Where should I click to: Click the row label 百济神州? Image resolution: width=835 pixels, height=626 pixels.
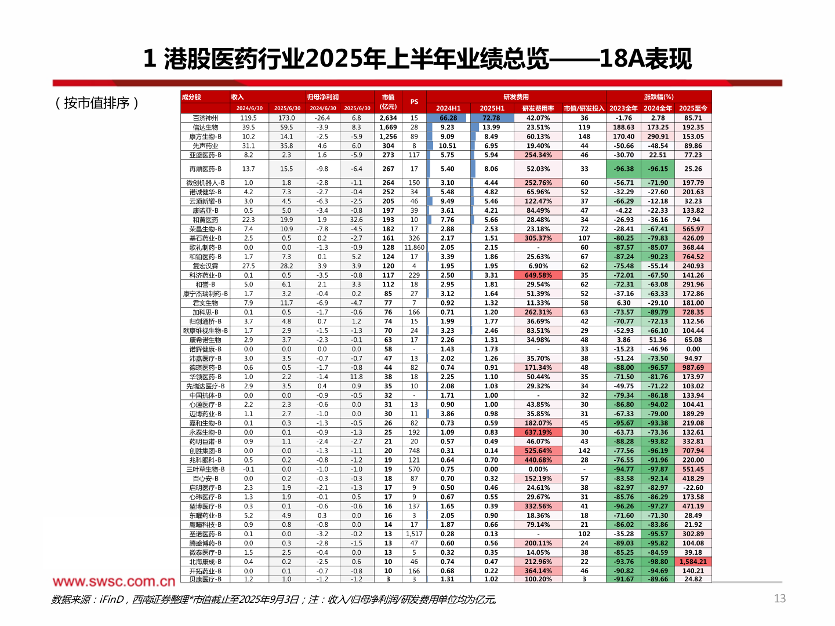[x=205, y=118]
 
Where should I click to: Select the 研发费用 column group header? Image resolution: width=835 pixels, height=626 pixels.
[x=515, y=97]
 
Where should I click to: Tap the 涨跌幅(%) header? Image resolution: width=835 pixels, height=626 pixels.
[x=658, y=97]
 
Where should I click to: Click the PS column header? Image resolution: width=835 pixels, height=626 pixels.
[x=414, y=102]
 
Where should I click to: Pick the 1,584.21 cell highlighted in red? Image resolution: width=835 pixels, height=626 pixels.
[x=693, y=562]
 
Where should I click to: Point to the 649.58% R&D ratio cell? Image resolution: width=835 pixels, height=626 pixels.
[x=538, y=275]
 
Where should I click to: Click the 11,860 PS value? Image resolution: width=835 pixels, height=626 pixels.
[x=414, y=248]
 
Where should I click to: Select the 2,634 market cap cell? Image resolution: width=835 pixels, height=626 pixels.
[x=388, y=118]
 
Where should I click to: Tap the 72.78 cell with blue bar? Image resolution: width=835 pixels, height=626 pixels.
[x=491, y=118]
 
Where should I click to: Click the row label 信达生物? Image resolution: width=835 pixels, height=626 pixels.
[x=205, y=128]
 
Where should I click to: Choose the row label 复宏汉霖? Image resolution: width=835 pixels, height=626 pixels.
[x=205, y=266]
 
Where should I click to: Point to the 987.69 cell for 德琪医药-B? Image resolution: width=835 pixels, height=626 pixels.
[x=693, y=367]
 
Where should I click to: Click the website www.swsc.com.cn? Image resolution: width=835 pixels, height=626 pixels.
[x=114, y=581]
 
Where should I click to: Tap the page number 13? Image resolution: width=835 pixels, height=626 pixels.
[x=780, y=598]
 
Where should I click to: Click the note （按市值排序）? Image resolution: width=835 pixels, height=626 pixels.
[x=97, y=103]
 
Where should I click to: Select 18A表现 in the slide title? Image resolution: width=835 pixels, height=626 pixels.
[x=645, y=59]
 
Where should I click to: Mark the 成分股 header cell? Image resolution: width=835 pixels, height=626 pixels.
[x=191, y=97]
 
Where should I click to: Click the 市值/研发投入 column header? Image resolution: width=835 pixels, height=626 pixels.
[x=584, y=108]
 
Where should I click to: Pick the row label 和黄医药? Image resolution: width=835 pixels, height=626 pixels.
[x=205, y=220]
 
